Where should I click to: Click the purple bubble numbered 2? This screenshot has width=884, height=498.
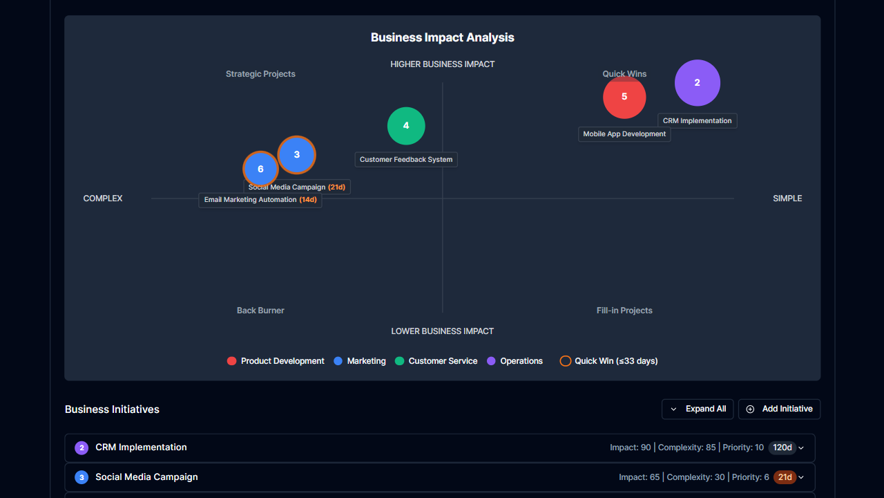(x=698, y=83)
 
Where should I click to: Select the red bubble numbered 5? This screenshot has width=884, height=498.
(x=624, y=98)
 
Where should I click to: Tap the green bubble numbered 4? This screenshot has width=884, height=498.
(x=406, y=126)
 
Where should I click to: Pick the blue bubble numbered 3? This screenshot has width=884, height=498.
(x=297, y=155)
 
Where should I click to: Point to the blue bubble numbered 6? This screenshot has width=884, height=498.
(x=260, y=169)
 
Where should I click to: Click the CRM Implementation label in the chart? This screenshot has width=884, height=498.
(x=697, y=121)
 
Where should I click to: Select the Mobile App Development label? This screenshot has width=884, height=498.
(x=624, y=134)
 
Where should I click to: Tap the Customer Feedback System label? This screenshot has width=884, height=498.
(x=406, y=160)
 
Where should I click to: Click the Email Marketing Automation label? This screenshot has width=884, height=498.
(x=260, y=200)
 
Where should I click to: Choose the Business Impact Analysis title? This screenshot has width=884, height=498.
(x=442, y=37)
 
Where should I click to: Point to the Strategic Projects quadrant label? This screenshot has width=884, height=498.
(x=260, y=74)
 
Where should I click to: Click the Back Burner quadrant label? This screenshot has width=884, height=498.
(x=260, y=311)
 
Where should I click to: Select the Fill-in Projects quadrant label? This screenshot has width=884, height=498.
(x=624, y=311)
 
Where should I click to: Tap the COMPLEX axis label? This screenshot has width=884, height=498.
(x=103, y=199)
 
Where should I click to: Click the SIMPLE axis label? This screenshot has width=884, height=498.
(x=787, y=199)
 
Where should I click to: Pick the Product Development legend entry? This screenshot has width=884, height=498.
(x=276, y=361)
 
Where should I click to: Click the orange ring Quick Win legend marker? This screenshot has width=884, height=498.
(x=565, y=361)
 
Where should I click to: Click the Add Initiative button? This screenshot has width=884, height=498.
(x=779, y=409)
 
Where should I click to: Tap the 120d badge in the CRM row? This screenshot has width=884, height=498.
(x=782, y=448)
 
